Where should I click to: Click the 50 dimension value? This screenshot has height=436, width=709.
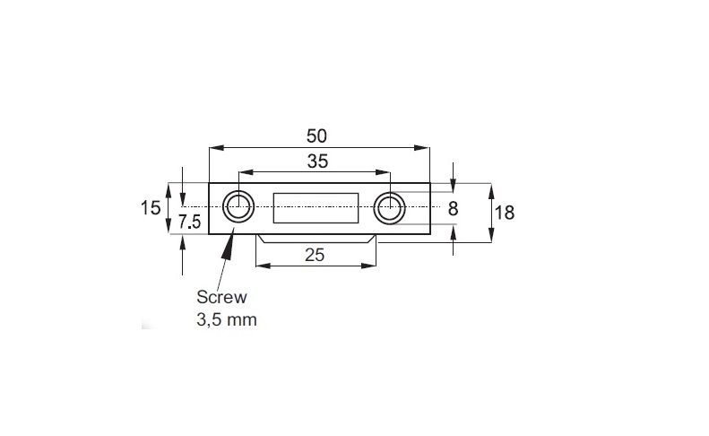coord(316,135)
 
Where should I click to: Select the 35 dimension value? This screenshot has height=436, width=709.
coord(316,161)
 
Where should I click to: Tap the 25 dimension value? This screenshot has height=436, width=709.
coord(315,255)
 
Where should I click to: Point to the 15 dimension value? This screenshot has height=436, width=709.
coord(151,208)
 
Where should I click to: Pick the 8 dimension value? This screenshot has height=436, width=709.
coord(453,208)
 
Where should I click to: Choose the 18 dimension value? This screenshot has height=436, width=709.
coord(505,213)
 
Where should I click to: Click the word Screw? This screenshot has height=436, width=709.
coord(220,297)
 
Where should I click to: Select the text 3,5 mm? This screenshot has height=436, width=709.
coord(227,318)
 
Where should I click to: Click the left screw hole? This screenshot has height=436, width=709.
coord(238,208)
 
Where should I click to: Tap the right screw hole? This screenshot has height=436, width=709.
coord(390,208)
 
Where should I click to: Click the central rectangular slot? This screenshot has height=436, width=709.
coord(316,208)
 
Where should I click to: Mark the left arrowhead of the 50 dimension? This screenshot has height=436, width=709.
coord(214,148)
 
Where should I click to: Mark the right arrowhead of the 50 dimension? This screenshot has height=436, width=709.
coord(424,148)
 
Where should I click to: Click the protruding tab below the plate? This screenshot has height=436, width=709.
coord(316,238)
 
